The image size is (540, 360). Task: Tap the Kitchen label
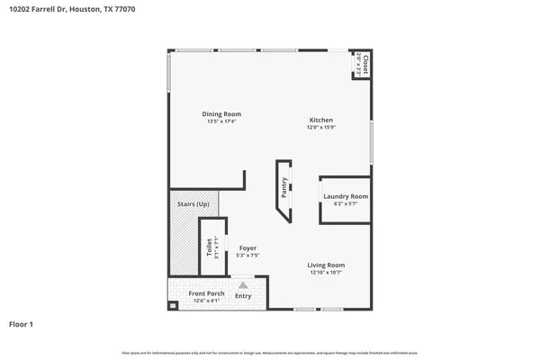(x=321, y=121)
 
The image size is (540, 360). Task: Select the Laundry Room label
(x=346, y=196)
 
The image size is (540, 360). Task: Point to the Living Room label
(x=326, y=265)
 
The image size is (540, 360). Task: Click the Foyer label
(x=247, y=247)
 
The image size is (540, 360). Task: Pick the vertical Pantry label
(x=284, y=187)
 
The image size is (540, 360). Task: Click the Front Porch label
(x=206, y=293)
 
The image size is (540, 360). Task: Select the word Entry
(x=243, y=295)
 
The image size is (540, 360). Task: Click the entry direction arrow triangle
(x=243, y=284)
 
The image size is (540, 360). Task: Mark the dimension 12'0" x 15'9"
(x=321, y=128)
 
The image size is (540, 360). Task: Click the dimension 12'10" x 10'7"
(x=326, y=272)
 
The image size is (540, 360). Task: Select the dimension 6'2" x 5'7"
(x=346, y=203)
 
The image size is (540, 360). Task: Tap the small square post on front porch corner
(x=174, y=306)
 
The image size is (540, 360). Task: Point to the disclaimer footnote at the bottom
(x=270, y=351)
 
